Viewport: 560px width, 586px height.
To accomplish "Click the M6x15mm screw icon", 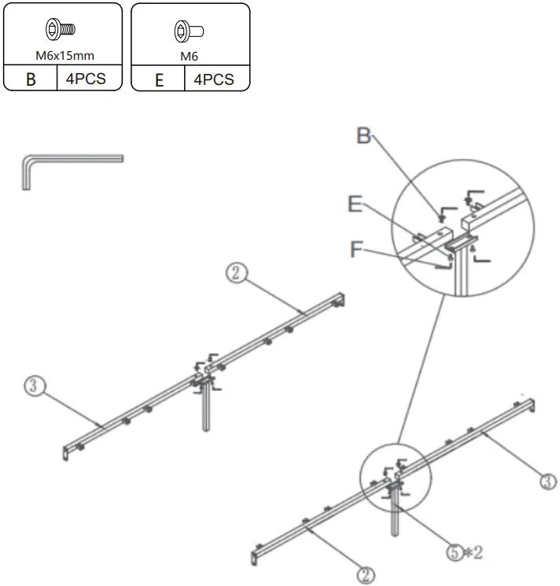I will click(x=61, y=30).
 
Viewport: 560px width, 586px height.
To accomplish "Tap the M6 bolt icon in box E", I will click(x=189, y=31).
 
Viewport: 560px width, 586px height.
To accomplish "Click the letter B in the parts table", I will click(x=31, y=79).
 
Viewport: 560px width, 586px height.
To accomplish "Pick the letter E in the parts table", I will click(x=158, y=79).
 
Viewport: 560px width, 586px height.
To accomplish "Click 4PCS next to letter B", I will click(x=87, y=79).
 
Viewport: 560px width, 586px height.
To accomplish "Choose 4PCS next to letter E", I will click(x=214, y=79).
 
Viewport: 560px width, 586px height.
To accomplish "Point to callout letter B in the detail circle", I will click(x=363, y=135).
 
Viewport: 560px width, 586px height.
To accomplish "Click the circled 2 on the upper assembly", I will click(x=238, y=273).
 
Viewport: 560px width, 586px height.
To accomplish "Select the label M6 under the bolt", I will click(x=189, y=56).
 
